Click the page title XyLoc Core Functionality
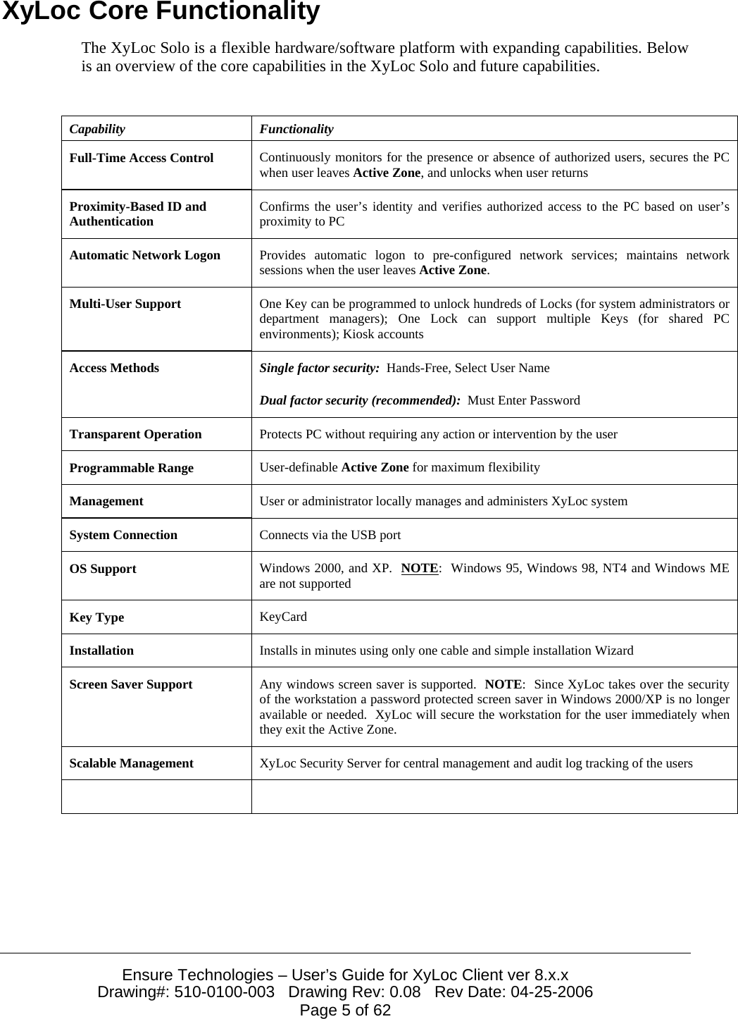[161, 13]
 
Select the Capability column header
[97, 130]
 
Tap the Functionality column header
[296, 130]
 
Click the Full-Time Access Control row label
[141, 159]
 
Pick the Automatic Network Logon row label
[144, 256]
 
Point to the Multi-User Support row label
[125, 304]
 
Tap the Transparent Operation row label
[135, 435]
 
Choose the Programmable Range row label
[131, 469]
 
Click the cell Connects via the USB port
[330, 536]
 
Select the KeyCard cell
[283, 617]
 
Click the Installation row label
[101, 651]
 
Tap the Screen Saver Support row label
[130, 685]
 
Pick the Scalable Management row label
[131, 763]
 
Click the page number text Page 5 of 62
[345, 1011]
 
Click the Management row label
[106, 502]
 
